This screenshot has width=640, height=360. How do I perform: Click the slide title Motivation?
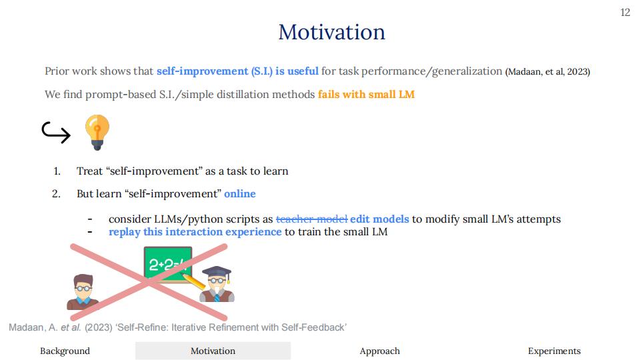(331, 32)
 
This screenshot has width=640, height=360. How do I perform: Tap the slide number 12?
(625, 13)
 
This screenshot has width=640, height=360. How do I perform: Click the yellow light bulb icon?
(97, 132)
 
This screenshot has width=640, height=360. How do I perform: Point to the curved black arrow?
(56, 133)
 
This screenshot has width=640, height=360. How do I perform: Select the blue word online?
(240, 193)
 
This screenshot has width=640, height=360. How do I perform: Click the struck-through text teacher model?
(312, 219)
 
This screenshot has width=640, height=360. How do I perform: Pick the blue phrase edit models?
(379, 219)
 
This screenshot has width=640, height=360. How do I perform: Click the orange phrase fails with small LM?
(366, 94)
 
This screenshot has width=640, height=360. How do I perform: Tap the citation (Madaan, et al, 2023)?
(547, 72)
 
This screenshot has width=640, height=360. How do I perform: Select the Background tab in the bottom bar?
(65, 351)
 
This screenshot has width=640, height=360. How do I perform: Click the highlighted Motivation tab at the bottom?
(213, 351)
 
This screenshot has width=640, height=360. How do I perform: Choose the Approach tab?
(379, 351)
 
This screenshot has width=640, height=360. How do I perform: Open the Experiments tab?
(554, 351)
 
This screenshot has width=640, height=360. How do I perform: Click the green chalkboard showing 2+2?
(168, 265)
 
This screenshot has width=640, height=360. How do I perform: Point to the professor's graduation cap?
(217, 272)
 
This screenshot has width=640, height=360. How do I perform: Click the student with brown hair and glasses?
(83, 292)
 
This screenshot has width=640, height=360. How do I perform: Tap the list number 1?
(57, 171)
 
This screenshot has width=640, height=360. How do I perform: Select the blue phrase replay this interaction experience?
(195, 232)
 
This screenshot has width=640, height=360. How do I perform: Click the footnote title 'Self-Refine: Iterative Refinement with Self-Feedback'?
(232, 327)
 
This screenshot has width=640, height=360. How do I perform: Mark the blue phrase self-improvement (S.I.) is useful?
(237, 71)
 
